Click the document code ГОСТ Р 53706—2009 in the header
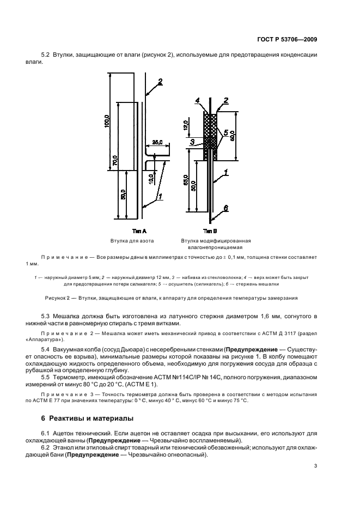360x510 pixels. coord(286,39)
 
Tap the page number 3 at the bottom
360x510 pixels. coord(315,466)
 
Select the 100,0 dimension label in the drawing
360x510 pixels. coord(107,122)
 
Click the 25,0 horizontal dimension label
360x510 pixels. coord(157,143)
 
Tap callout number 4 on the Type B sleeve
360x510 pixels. coord(198,100)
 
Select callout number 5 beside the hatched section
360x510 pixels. coord(225,132)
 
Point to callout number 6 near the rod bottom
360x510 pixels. coord(225,208)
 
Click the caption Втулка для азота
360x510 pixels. coord(132,240)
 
